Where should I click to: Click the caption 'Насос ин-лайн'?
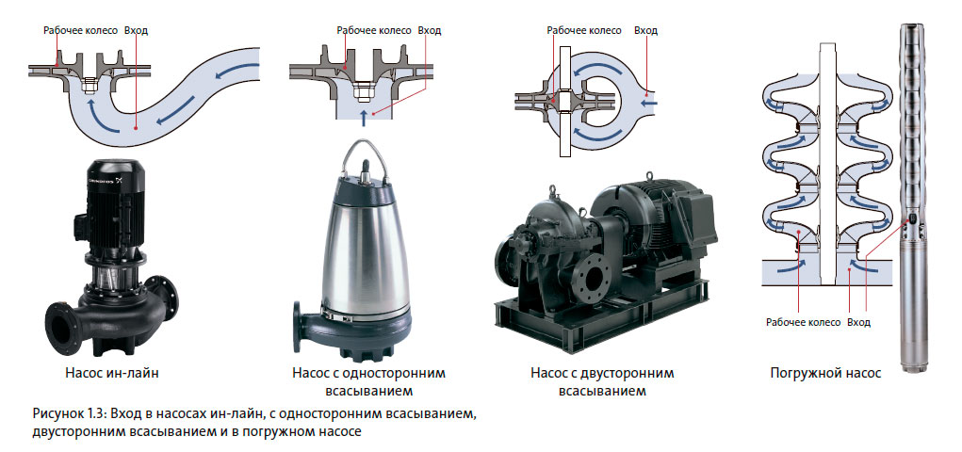click(x=111, y=372)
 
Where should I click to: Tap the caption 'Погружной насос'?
click(x=825, y=373)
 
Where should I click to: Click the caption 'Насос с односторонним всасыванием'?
click(x=368, y=381)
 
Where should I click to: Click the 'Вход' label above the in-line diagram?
click(x=136, y=30)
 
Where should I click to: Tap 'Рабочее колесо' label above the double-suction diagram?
click(x=584, y=30)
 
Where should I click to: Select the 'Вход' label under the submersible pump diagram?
click(x=858, y=322)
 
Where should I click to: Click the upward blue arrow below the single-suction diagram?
click(x=365, y=118)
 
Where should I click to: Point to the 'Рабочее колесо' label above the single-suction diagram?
click(x=374, y=30)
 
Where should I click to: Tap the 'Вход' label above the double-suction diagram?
click(x=645, y=30)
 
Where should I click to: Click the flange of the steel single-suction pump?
click(x=297, y=327)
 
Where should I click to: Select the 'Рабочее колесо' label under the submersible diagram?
click(x=803, y=323)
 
